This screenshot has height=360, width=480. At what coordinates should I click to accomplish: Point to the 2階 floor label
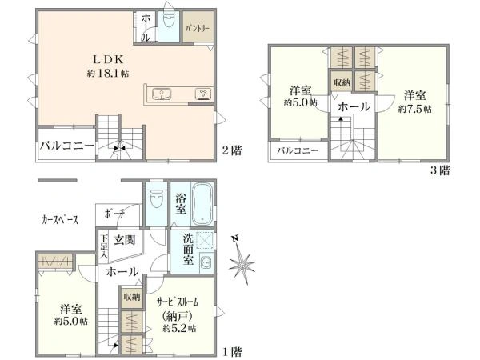[x=232, y=150]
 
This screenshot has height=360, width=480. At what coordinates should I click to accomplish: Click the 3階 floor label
[x=439, y=170]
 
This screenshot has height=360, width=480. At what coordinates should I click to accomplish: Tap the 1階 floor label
[x=232, y=351]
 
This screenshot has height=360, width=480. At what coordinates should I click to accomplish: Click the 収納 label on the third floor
[x=342, y=82]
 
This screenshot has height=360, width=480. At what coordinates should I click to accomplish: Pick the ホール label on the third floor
[x=353, y=106]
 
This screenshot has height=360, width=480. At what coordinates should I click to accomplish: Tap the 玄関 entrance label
[x=124, y=238]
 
